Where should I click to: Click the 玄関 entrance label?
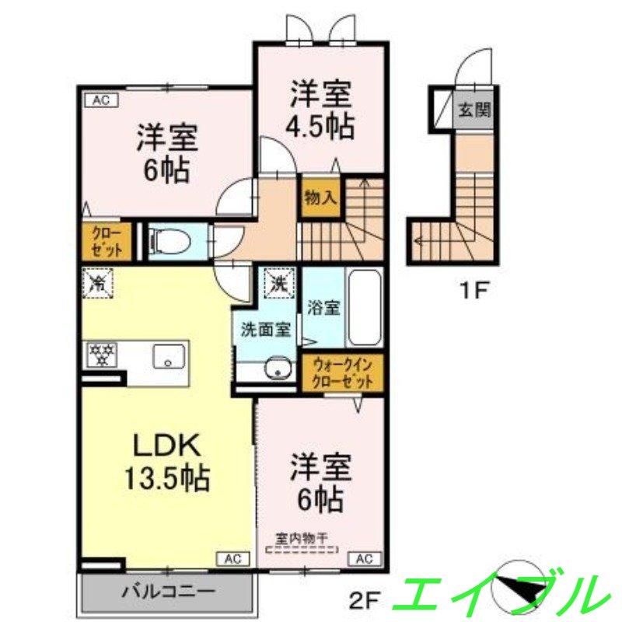point(474,110)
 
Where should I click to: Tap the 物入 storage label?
point(320,197)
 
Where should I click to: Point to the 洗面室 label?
point(266,330)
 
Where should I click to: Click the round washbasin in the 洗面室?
point(276,369)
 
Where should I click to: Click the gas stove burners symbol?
point(101,355)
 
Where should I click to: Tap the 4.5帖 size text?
point(321,124)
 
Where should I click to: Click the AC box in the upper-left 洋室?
point(100,99)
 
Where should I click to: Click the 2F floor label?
point(362,599)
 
